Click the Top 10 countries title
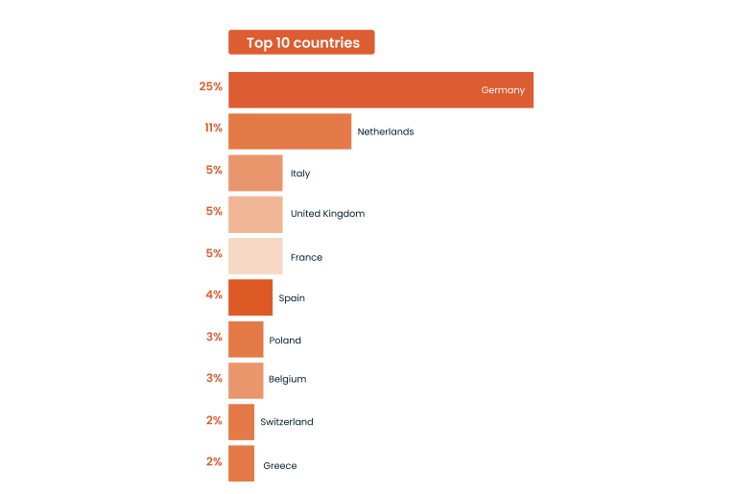tap(301, 42)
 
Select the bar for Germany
tap(380, 90)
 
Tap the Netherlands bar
tap(290, 131)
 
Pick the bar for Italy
tap(255, 173)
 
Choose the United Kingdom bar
tap(255, 214)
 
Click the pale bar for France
tap(255, 256)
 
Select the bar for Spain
tap(250, 297)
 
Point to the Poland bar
tap(246, 340)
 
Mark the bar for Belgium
tap(246, 380)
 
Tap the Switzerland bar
tap(241, 421)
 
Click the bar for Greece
tap(241, 463)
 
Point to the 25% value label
tap(211, 87)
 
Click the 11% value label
tap(213, 128)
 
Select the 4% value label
tap(214, 294)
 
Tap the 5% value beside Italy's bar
tap(214, 170)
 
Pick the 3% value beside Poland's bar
tap(214, 337)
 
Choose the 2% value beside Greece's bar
tap(214, 461)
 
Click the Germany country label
tap(503, 90)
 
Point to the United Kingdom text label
tap(327, 214)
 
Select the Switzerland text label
tap(287, 422)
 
